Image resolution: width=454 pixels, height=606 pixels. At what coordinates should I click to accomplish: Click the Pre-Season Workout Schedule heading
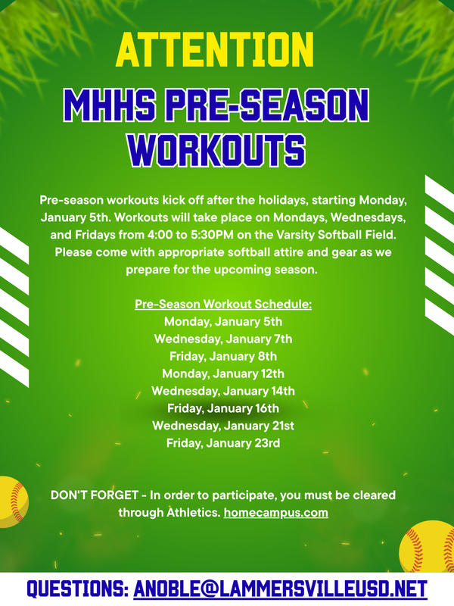(x=223, y=305)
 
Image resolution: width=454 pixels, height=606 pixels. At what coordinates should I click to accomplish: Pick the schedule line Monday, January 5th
(x=223, y=321)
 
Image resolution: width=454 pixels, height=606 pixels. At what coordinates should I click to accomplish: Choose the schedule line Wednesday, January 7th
(x=223, y=339)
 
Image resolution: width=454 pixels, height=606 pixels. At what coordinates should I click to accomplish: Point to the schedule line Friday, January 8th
(x=223, y=356)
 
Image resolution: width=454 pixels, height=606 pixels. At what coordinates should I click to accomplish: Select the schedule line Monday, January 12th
(x=223, y=373)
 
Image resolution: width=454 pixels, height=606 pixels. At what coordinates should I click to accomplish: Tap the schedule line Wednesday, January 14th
(x=223, y=391)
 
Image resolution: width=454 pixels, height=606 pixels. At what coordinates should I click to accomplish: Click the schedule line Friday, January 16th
(x=223, y=408)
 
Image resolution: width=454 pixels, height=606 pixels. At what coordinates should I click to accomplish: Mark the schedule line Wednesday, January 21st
(x=223, y=426)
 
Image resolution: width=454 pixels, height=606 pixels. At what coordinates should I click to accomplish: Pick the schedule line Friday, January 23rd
(x=223, y=443)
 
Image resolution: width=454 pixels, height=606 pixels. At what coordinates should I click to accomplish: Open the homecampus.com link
(x=275, y=513)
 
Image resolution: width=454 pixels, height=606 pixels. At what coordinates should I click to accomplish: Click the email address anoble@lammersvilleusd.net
(x=280, y=589)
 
